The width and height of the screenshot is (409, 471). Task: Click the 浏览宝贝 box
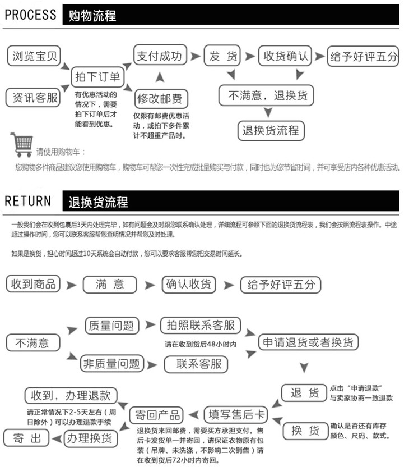pos(34,56)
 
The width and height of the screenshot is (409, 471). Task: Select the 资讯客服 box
pos(34,98)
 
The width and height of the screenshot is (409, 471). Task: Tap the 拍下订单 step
pos(97,76)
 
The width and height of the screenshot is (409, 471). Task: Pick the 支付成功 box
pos(160,56)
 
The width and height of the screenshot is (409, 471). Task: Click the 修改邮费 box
pos(160,99)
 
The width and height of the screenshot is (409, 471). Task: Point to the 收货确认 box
pos(286,56)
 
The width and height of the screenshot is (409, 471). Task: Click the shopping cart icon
pos(22,144)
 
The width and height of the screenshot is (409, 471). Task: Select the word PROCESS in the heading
pos(30,15)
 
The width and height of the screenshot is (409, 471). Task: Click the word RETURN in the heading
pos(27,201)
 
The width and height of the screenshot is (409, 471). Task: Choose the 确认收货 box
pos(188,284)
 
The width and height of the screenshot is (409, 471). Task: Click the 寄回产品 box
pos(157,415)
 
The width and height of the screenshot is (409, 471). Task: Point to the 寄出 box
pos(27,438)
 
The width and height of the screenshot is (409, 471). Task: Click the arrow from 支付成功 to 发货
pos(195,56)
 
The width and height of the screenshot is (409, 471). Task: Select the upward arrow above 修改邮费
pos(159,77)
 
